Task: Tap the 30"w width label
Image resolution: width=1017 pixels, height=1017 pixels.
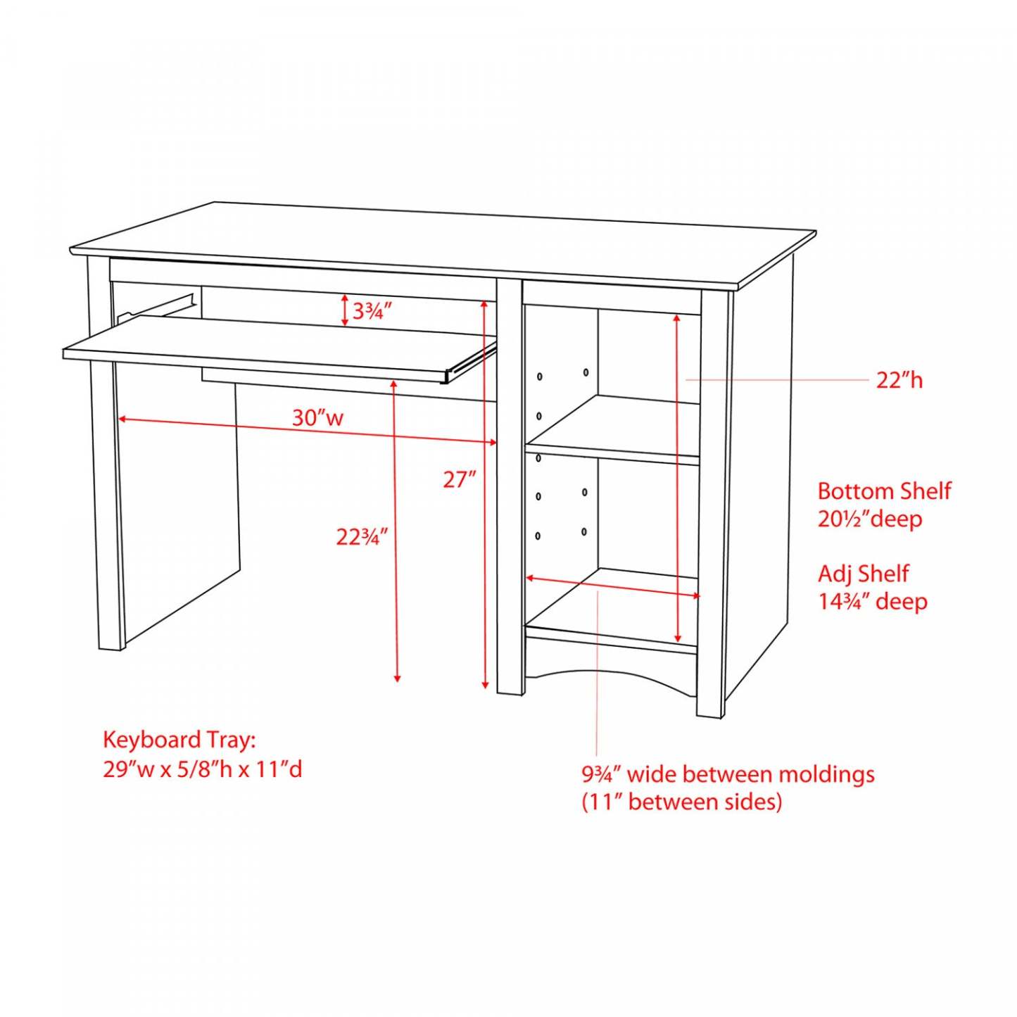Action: (x=317, y=418)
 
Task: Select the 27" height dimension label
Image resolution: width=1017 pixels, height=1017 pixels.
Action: (x=460, y=480)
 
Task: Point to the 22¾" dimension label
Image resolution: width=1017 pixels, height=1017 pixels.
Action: (x=362, y=537)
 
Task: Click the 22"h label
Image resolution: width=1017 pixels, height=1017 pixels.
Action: (x=899, y=380)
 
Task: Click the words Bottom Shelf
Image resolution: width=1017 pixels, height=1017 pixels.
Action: (x=884, y=491)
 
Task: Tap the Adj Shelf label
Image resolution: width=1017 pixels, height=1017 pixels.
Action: (x=864, y=574)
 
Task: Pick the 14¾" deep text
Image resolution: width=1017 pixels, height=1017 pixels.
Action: (x=873, y=601)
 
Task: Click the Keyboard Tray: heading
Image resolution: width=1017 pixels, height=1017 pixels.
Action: (x=179, y=740)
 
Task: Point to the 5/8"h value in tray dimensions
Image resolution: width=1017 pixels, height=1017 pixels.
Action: (x=210, y=769)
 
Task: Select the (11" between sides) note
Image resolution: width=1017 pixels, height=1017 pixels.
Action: (x=681, y=802)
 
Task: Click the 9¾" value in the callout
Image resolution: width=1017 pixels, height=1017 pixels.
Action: (x=603, y=775)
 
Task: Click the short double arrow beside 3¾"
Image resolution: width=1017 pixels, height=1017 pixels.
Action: (x=345, y=310)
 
